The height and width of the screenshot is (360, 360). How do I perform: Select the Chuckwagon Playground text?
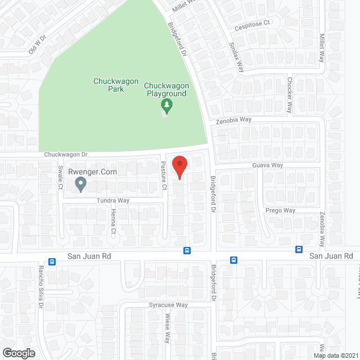coord(166,89)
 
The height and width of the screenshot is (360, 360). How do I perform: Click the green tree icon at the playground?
coord(166,105)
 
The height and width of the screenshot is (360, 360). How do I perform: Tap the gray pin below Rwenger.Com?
coord(80,183)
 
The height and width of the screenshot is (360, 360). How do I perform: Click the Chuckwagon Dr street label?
coord(66,155)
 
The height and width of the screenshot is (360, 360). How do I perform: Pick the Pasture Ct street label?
coord(164,175)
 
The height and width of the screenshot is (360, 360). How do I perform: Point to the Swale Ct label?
coord(60,177)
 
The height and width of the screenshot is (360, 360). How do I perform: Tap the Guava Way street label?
coord(268,165)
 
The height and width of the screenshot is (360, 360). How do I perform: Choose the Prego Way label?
coord(280,211)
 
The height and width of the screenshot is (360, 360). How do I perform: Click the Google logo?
coord(18,353)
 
